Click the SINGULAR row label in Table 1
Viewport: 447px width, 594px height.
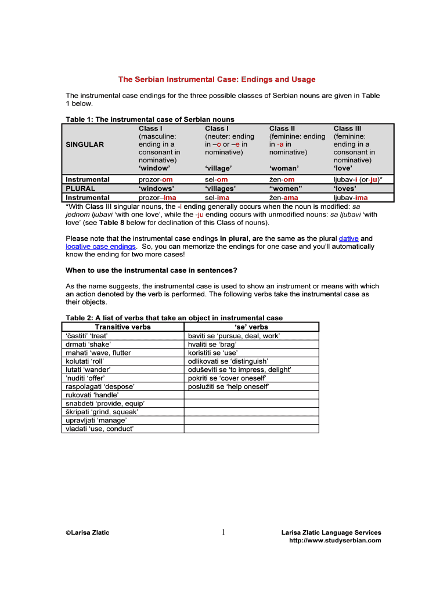click(85, 144)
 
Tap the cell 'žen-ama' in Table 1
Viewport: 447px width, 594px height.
click(283, 198)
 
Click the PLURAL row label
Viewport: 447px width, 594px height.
click(81, 189)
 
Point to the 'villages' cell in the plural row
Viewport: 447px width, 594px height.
click(220, 189)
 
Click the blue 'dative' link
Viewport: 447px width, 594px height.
click(348, 238)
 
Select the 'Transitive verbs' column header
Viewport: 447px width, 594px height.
click(122, 327)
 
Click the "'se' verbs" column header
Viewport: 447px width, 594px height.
click(251, 327)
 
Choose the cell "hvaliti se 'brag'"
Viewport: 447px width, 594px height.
click(212, 344)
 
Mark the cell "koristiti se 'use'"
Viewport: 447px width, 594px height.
click(213, 353)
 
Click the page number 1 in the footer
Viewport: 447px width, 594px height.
click(223, 533)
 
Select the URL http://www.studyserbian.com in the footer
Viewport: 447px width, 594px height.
click(335, 541)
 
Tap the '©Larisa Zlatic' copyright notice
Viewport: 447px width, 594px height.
click(87, 533)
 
